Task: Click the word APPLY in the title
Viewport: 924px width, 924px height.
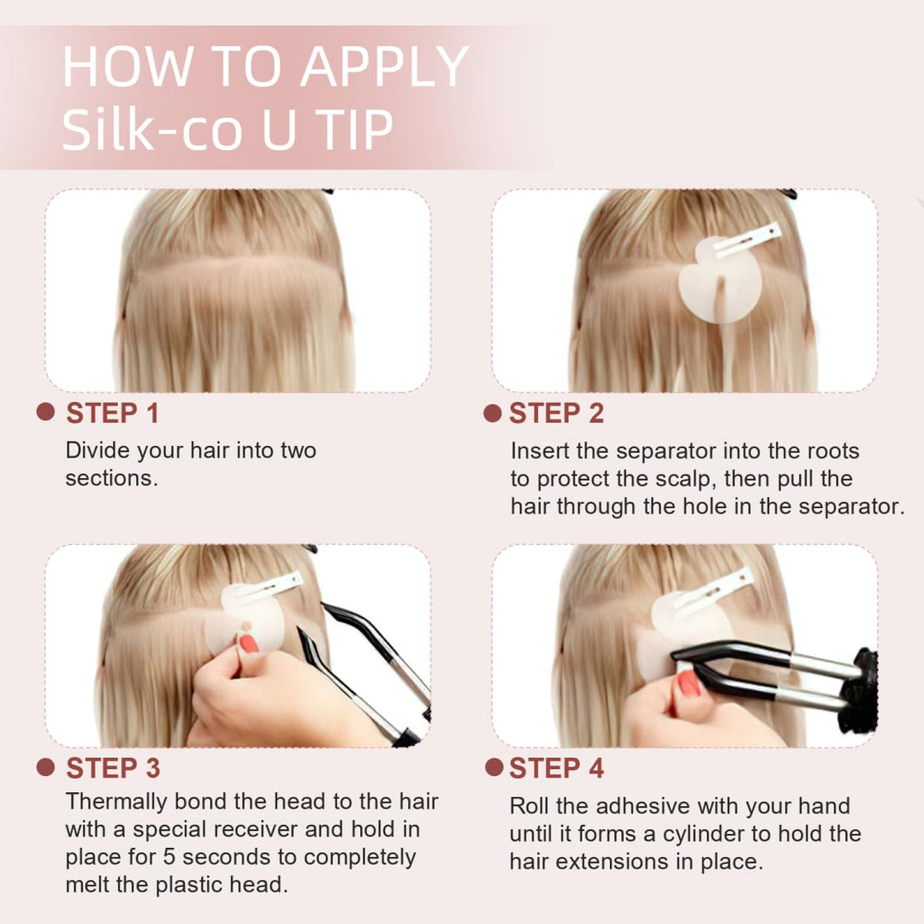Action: pyautogui.click(x=382, y=68)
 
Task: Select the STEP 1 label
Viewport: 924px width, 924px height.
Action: pyautogui.click(x=112, y=413)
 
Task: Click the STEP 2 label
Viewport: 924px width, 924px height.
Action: pyautogui.click(x=556, y=413)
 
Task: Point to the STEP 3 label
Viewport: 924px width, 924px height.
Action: pyautogui.click(x=112, y=768)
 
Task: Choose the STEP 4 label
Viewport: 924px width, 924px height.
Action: pyautogui.click(x=556, y=768)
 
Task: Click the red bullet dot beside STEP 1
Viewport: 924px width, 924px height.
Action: pyautogui.click(x=46, y=412)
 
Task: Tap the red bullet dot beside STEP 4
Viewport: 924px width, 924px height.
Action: pyautogui.click(x=493, y=767)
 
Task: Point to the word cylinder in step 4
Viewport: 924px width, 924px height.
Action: pyautogui.click(x=751, y=833)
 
